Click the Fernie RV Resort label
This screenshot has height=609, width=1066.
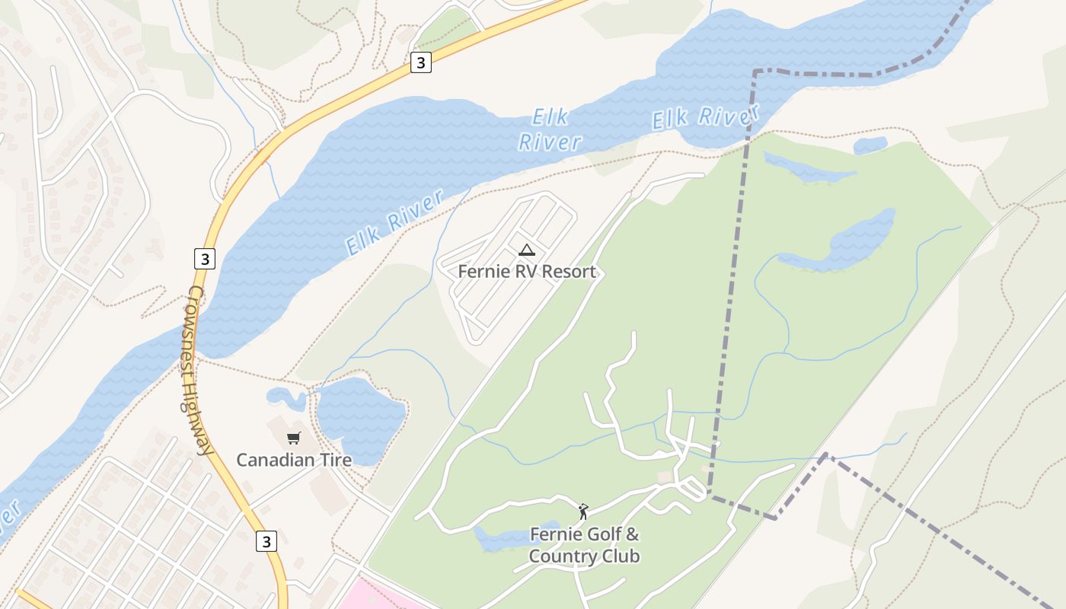coord(526,272)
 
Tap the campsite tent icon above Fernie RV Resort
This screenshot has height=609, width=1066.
coord(526,250)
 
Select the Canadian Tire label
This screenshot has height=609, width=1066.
coord(294,460)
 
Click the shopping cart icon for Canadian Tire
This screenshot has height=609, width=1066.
coord(294,438)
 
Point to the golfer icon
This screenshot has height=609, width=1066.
coord(583,512)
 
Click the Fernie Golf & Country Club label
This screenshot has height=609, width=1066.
coord(584,545)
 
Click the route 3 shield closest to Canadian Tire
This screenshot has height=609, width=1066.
coord(266,541)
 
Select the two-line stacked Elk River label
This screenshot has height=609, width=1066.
coord(550,130)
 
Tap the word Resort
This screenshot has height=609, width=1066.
coord(569,272)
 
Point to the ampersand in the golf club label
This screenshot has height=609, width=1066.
coord(633,534)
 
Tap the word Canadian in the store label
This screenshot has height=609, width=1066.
coord(275,460)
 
